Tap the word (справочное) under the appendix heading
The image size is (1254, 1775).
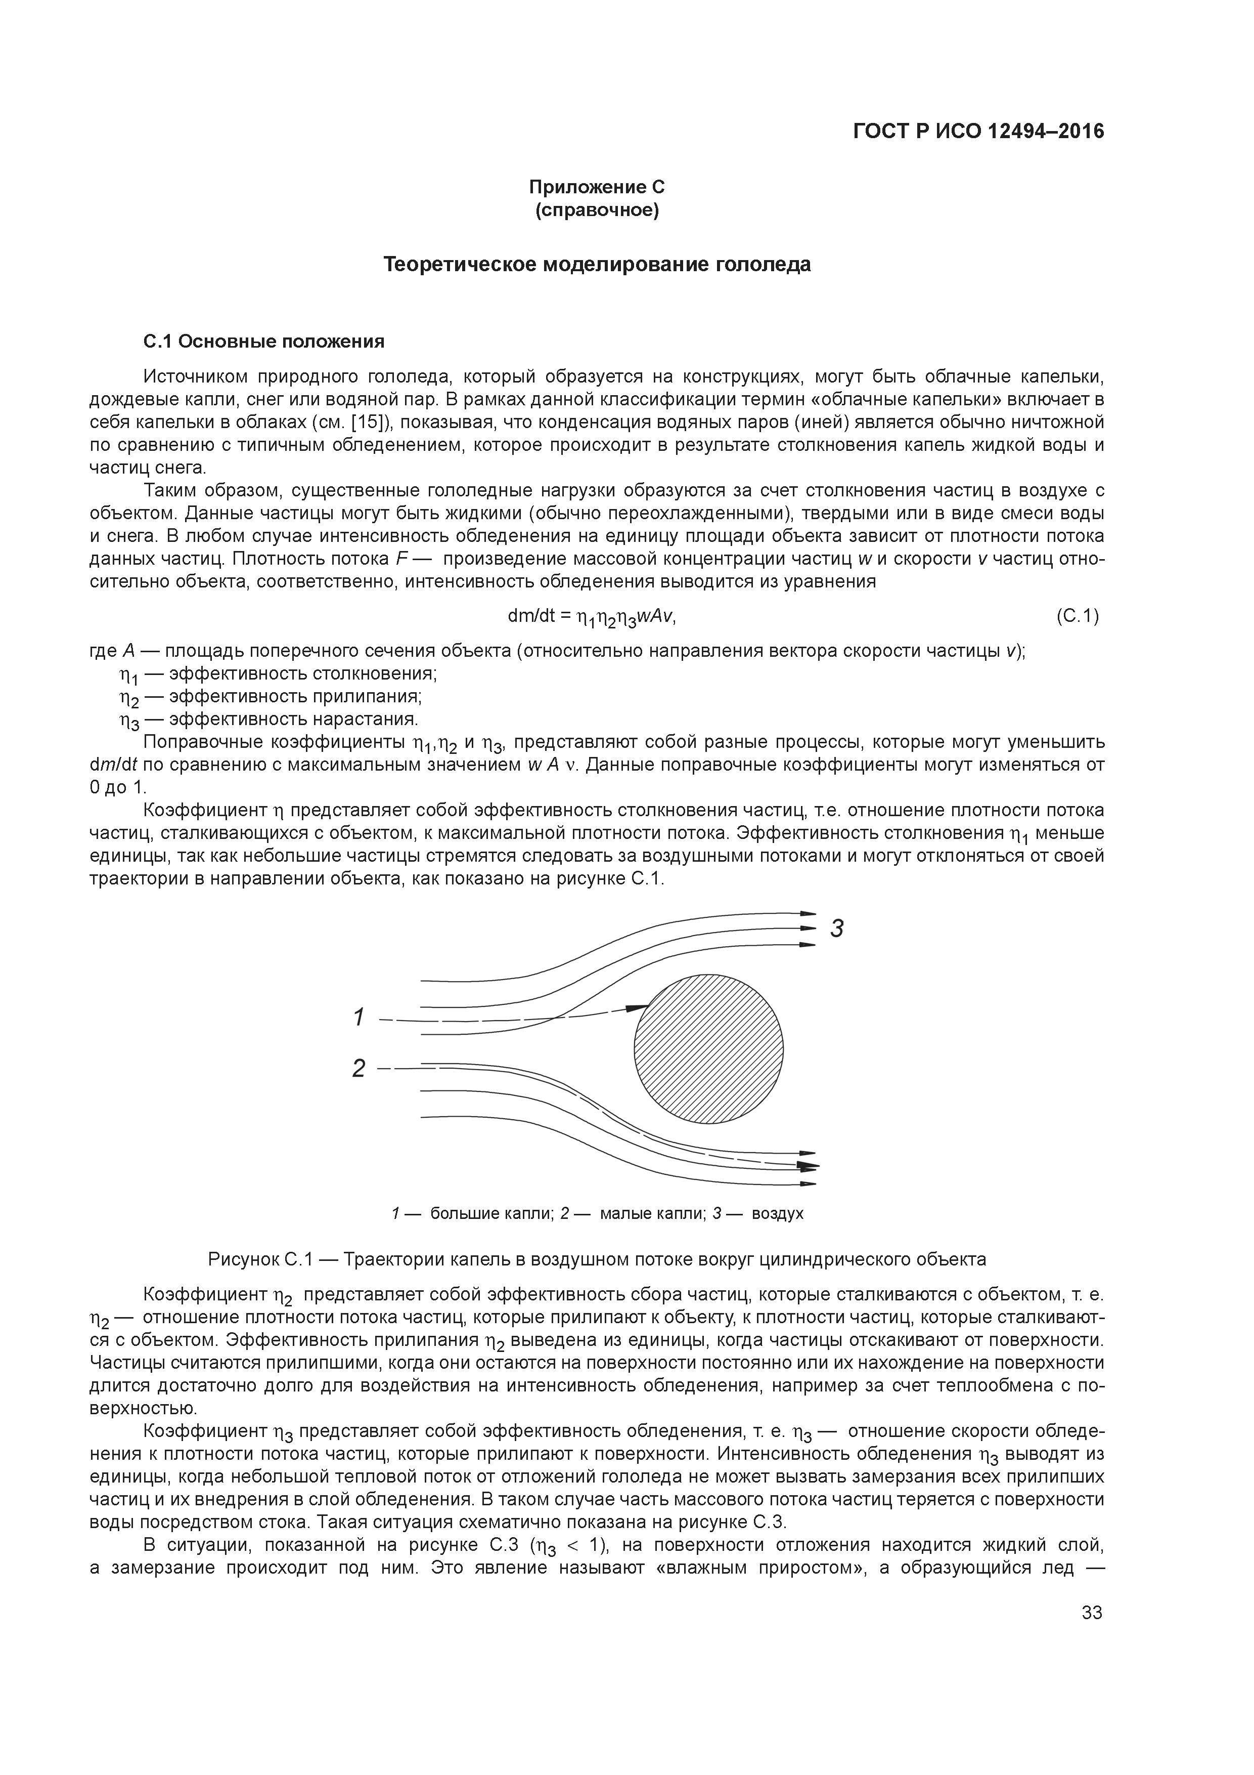tap(597, 210)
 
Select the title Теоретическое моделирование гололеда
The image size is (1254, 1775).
tap(597, 265)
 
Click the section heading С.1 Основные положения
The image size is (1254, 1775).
tap(264, 341)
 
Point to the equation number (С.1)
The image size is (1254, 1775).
tap(1077, 616)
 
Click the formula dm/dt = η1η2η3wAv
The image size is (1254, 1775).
tap(592, 617)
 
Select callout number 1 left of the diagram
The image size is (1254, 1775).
tap(357, 1018)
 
